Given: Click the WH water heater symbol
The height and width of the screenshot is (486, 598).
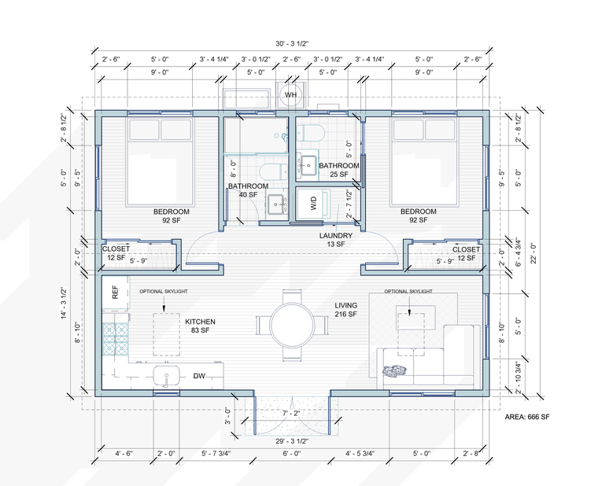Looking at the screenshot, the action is point(290,94).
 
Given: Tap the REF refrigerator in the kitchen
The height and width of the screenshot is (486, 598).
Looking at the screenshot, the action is point(115,293).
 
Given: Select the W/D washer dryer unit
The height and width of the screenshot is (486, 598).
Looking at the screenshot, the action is point(312,203).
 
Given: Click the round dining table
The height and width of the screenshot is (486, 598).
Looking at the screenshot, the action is point(292,326).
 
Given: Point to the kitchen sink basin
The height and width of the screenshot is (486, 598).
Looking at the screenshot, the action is point(166,376).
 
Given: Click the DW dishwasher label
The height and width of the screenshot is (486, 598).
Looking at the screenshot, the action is point(199,376).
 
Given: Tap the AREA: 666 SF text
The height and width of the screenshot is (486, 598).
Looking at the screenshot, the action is point(527,417).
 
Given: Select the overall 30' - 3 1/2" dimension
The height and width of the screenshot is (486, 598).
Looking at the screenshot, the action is point(292,43).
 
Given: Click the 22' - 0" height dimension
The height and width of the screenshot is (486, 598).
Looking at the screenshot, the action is point(533,253).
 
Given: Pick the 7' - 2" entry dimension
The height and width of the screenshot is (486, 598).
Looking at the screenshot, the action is point(290,413).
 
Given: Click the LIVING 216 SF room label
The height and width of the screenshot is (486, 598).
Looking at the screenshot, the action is point(346,310).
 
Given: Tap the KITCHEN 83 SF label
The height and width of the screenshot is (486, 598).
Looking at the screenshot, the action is point(200,326).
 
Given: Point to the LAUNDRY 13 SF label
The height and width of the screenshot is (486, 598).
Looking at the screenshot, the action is point(336,240).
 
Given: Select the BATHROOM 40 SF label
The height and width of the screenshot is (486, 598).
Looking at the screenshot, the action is point(249,190).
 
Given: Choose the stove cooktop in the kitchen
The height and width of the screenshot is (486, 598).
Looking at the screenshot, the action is point(115,339).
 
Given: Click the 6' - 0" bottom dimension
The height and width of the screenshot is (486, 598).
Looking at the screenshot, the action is point(292,453).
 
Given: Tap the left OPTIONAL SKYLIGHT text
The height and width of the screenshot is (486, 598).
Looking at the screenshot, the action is point(164,291).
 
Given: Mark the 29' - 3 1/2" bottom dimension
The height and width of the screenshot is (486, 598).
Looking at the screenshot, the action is point(292,441).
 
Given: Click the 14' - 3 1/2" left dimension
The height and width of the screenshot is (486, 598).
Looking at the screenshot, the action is point(64,303).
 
